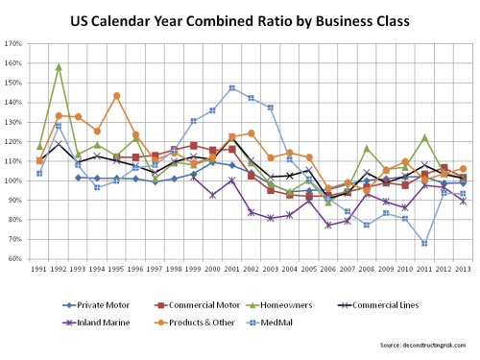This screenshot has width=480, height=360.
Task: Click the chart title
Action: pyautogui.click(x=240, y=20)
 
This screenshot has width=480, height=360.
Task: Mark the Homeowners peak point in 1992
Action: pyautogui.click(x=59, y=67)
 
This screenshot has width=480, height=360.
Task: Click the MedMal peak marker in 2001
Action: pyautogui.click(x=232, y=88)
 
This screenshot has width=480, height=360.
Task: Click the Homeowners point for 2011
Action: pyautogui.click(x=424, y=137)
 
